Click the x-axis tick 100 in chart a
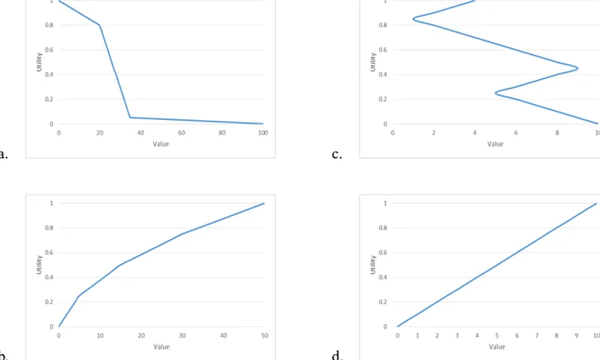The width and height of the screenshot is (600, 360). coord(262,133)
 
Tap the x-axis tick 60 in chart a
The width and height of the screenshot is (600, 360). coord(181,133)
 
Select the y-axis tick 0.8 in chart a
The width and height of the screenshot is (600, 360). coord(50,25)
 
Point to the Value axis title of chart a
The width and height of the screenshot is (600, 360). coord(160,144)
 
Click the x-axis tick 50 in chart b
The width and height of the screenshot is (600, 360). coord(264,336)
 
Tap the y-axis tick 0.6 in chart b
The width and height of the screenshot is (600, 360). coord(50,253)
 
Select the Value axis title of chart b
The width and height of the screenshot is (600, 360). coord(161,346)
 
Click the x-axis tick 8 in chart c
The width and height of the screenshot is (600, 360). coord(557,133)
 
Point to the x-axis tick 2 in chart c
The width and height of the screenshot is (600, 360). coord(433,133)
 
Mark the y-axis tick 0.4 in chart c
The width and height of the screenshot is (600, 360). coord(384,74)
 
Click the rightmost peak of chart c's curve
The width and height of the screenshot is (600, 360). coord(577,68)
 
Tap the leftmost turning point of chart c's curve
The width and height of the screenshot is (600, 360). coord(413,19)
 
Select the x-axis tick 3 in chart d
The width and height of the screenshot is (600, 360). coord(457,336)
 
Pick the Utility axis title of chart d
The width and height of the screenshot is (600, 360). coord(373,264)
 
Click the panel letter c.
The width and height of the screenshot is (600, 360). coord(337,155)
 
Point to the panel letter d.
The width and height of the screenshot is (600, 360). coord(337,355)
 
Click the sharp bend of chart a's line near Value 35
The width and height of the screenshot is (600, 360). coord(130,117)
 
